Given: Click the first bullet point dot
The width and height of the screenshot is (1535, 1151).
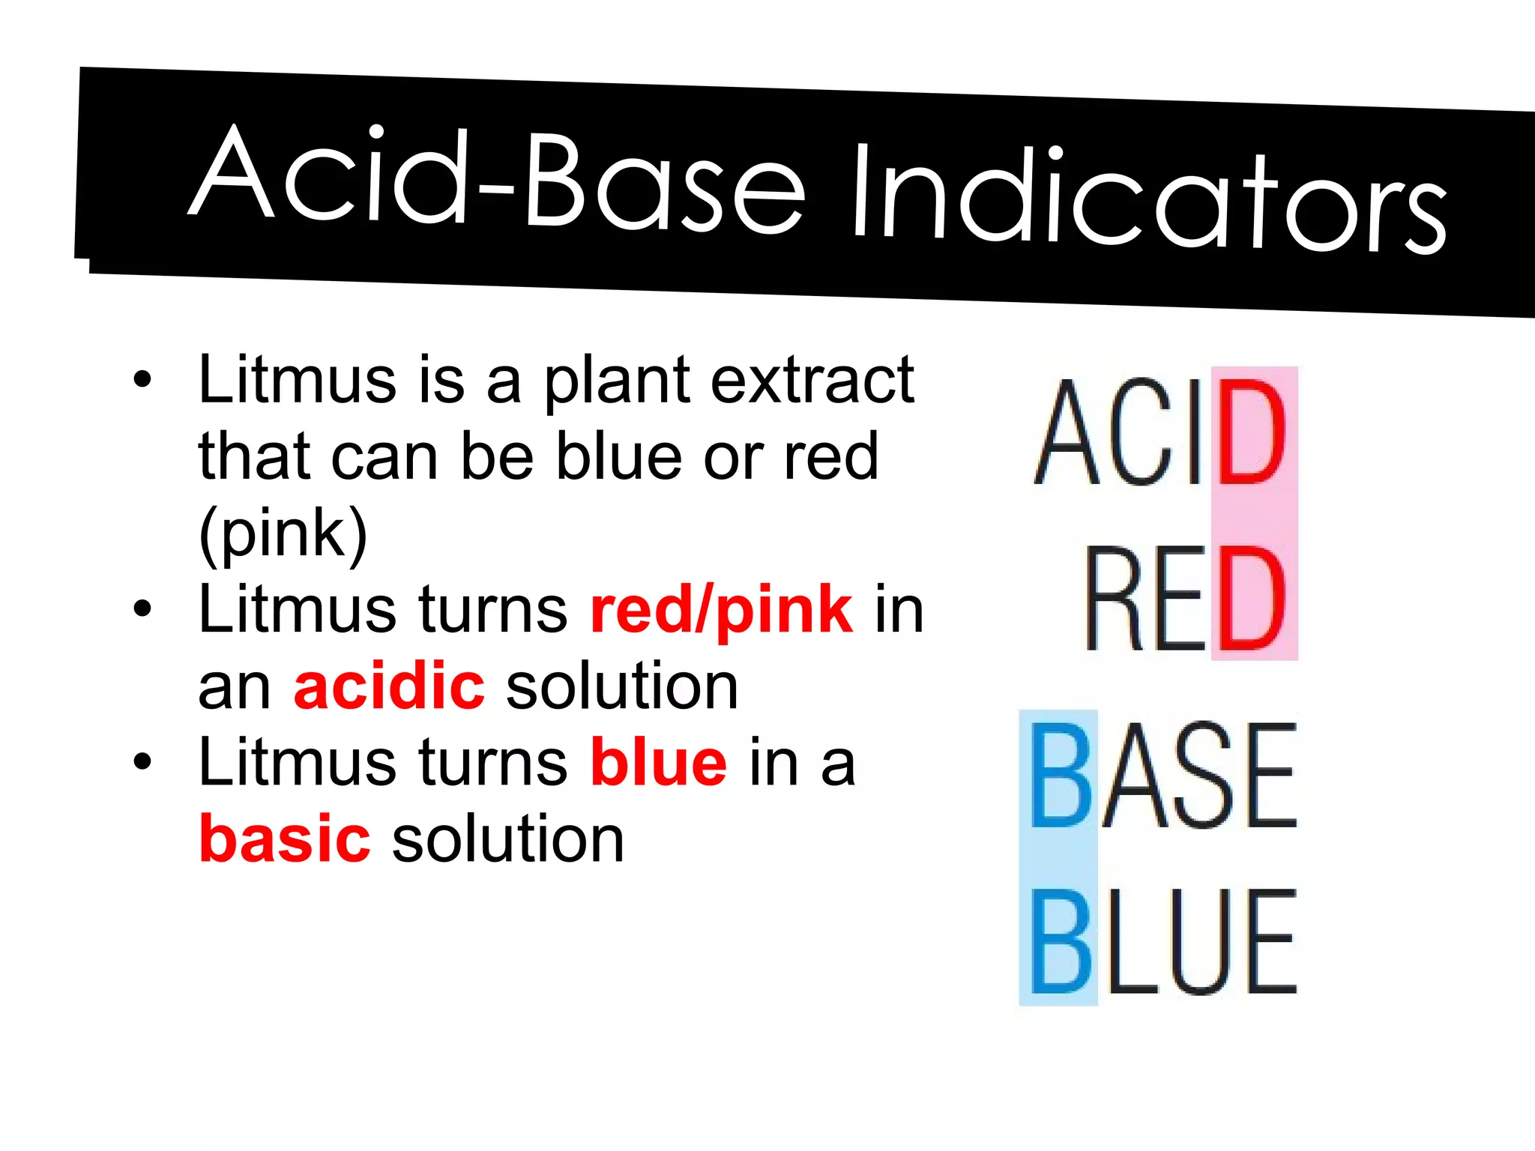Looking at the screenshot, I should coord(142,379).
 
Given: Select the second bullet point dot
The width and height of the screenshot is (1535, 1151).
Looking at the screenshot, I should coord(142,608).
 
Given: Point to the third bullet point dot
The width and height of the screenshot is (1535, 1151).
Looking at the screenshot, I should coord(142,761).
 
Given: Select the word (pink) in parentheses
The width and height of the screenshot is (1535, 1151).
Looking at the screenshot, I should coord(283,534).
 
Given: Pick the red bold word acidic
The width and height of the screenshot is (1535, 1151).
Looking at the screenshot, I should coord(389,686).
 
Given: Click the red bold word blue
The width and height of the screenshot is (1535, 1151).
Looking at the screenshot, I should coord(658,763).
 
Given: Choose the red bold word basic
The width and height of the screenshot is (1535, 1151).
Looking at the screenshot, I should coord(284,839).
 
